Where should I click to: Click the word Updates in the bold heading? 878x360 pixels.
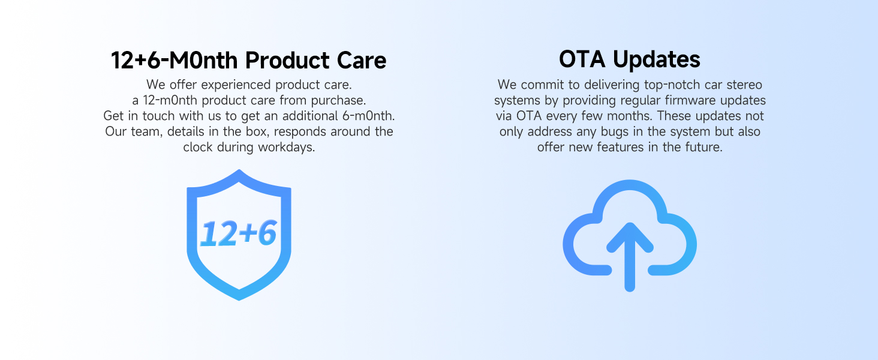point(657,59)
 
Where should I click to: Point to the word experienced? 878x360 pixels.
point(236,85)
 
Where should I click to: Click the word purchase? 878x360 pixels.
point(339,100)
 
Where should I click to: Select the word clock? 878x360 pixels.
point(198,147)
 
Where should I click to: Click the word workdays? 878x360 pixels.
point(287,147)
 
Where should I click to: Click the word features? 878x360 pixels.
point(620,147)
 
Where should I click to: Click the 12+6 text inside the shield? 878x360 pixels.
point(238,233)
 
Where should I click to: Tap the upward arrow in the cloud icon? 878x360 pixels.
point(630,257)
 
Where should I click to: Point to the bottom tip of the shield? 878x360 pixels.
point(239,301)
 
